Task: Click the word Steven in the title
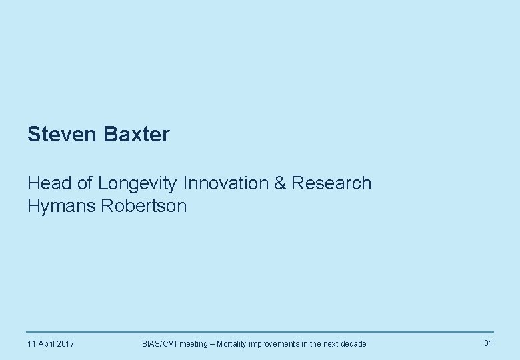coord(63,135)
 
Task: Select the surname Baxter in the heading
coord(137,135)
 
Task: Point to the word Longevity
coord(138,183)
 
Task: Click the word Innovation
coord(226,183)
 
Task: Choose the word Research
coord(331,183)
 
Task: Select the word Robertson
coord(144,206)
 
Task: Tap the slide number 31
coord(488,343)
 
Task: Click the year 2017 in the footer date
coord(65,344)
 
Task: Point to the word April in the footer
coord(47,344)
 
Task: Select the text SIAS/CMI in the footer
coord(160,344)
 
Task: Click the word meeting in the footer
coord(193,344)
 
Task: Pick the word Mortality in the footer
coord(233,344)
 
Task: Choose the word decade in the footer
coord(352,344)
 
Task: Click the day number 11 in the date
coord(31,344)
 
